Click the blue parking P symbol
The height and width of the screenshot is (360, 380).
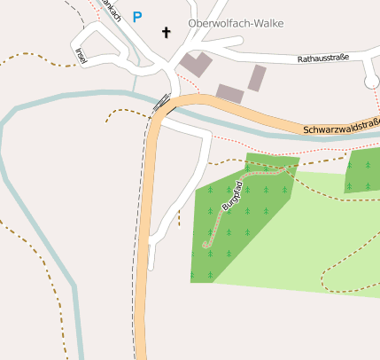tap(136, 16)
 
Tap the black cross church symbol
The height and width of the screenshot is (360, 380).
tap(165, 32)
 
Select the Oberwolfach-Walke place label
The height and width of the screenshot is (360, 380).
tap(236, 23)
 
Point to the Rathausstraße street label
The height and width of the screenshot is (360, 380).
tap(323, 59)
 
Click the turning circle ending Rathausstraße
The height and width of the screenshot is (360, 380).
tap(372, 82)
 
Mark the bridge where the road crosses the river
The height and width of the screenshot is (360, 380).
tap(162, 104)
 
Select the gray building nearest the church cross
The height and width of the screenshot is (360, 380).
tap(196, 65)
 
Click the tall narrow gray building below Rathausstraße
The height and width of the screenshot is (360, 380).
tap(257, 78)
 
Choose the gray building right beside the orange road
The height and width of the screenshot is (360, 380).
tap(229, 93)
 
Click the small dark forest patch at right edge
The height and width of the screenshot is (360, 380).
tap(364, 170)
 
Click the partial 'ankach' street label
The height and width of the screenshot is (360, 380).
tap(111, 9)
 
